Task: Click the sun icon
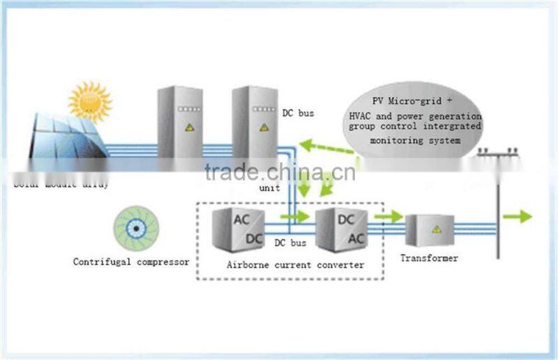[x=89, y=103]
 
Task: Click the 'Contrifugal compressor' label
[x=131, y=262]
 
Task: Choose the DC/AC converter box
[x=341, y=229]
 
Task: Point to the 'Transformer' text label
[x=429, y=258]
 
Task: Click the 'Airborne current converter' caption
[x=296, y=265]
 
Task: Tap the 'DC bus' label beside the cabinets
[x=297, y=111]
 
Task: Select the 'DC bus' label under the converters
[x=290, y=243]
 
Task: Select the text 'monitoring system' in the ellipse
[x=414, y=140]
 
